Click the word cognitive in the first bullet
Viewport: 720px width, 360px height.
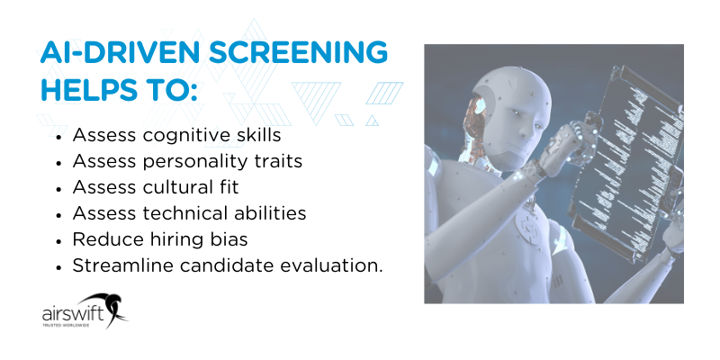(x=180, y=136)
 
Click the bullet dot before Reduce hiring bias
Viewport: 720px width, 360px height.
(x=58, y=241)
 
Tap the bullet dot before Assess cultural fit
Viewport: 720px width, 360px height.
(x=58, y=189)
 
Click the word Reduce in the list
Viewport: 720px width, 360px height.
(x=103, y=240)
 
